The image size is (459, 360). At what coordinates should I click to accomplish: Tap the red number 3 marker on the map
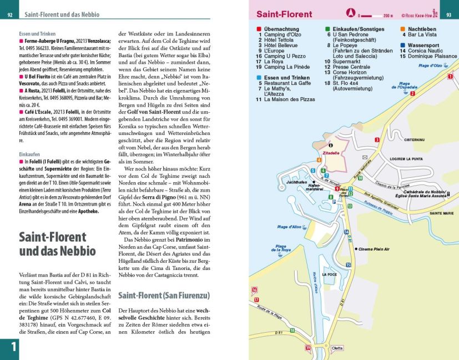click(377, 139)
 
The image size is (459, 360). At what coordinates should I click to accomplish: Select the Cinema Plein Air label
click(375, 249)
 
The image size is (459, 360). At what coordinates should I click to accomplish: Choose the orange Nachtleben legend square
click(402, 28)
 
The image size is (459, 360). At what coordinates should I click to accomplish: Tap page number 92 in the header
click(9, 14)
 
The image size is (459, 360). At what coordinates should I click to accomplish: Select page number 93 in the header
click(449, 14)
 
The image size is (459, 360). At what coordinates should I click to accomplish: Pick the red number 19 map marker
click(307, 348)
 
